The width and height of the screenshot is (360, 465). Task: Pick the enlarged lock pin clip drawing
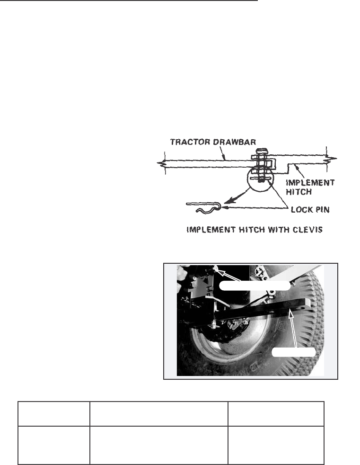click(x=204, y=207)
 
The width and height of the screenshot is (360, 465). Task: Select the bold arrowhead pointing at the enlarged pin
click(x=222, y=205)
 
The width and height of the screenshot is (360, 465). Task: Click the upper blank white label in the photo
click(x=255, y=285)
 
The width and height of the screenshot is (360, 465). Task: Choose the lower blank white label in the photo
click(x=294, y=352)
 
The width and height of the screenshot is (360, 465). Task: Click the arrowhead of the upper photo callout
click(x=216, y=269)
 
